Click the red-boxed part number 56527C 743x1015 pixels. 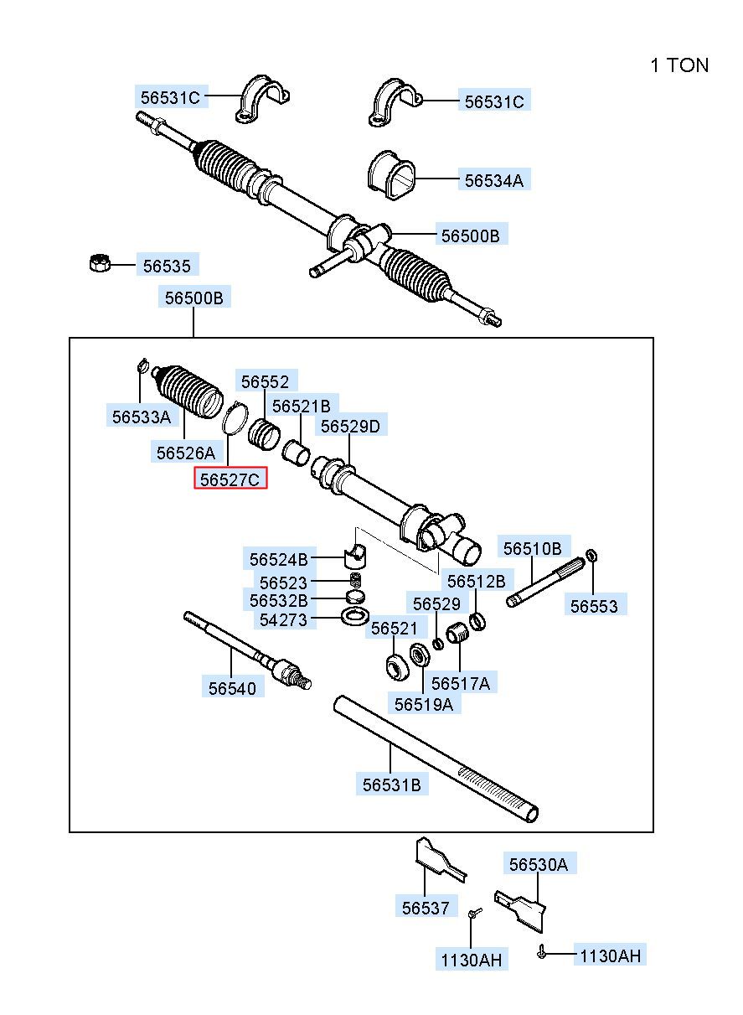[230, 479]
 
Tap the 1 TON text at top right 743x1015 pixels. [679, 65]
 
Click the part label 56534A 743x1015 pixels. [494, 180]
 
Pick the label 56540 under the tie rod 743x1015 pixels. [232, 687]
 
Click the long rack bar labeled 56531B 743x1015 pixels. [436, 754]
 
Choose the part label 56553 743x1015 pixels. [594, 606]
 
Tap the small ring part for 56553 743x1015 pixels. [592, 555]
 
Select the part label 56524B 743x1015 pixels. [278, 559]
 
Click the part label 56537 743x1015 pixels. [425, 908]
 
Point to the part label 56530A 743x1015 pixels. [538, 864]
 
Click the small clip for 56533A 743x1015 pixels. [142, 365]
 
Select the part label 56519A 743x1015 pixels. [423, 704]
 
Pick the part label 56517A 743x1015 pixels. [461, 683]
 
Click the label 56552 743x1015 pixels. [265, 382]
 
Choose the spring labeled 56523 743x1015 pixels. [355, 581]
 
